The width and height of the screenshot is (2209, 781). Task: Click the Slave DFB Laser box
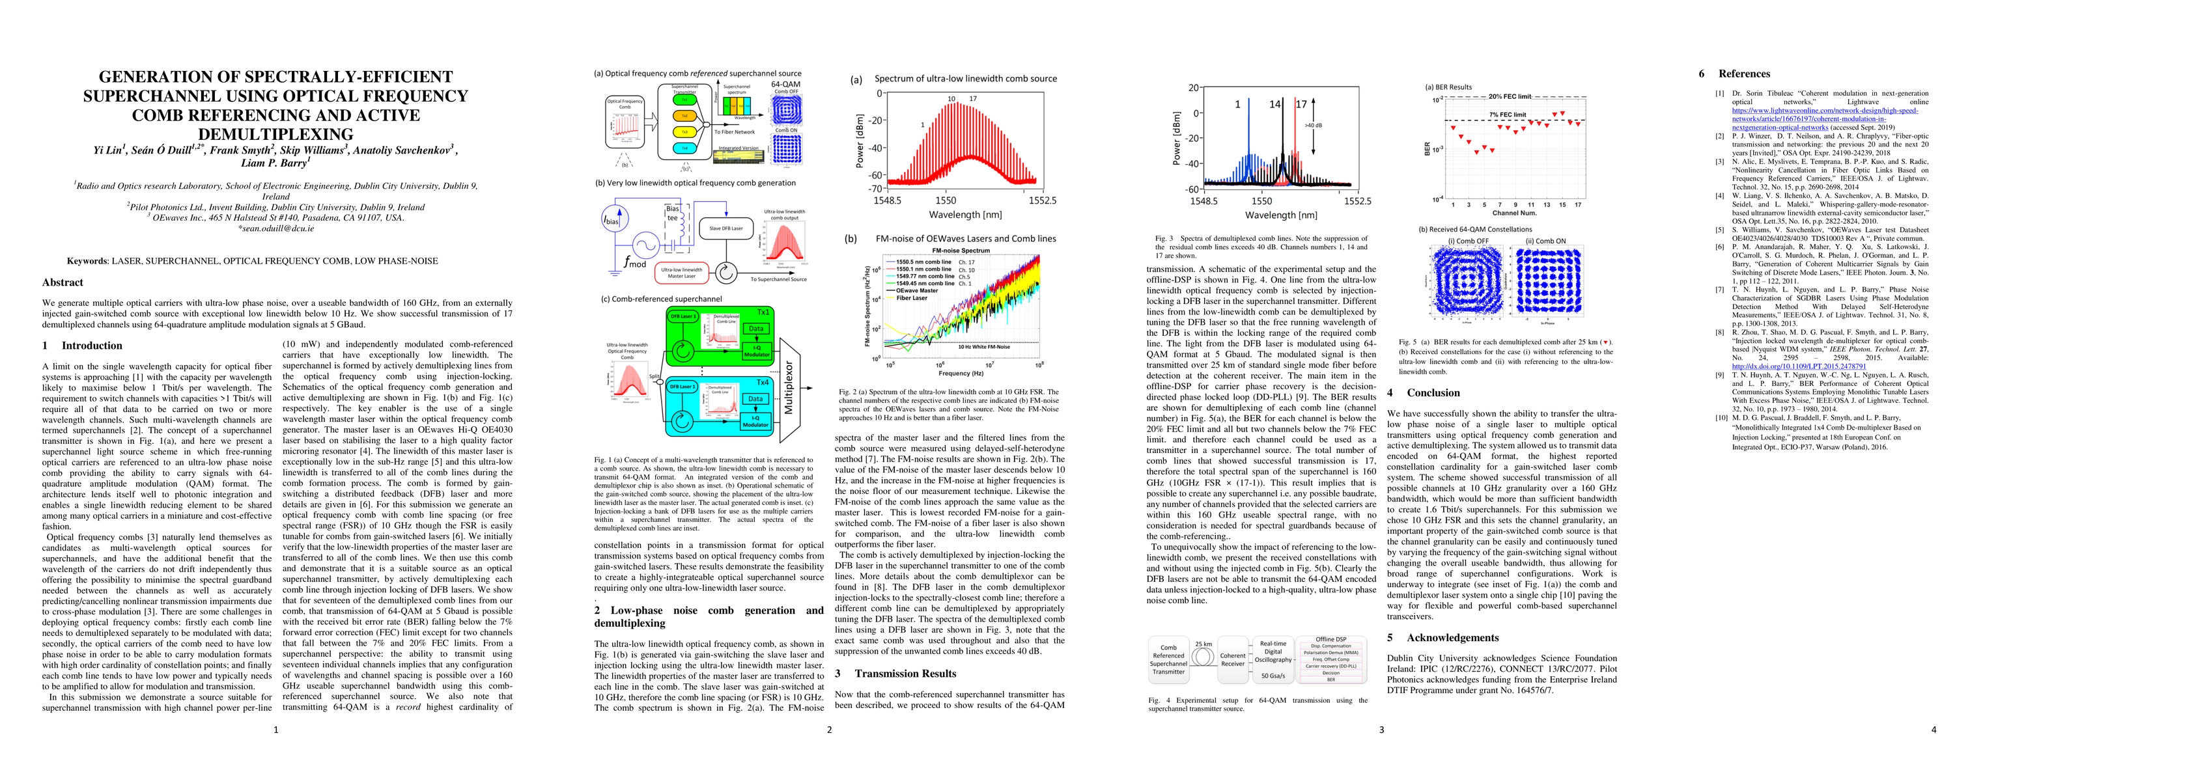pos(725,229)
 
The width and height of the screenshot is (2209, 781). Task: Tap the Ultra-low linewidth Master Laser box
pos(682,273)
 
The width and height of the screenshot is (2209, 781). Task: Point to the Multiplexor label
pos(789,387)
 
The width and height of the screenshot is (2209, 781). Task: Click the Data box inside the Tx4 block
pos(755,399)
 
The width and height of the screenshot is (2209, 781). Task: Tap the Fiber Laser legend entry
pos(912,298)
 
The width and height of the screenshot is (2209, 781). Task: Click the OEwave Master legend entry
pos(917,291)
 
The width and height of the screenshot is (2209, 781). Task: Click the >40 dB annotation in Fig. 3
pos(1314,126)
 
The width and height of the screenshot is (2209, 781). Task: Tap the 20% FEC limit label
pos(1510,97)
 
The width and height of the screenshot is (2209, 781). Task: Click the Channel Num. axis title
pos(1514,213)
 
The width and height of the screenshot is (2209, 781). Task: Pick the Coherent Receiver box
pos(1232,659)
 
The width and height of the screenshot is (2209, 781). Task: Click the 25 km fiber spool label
pos(1203,644)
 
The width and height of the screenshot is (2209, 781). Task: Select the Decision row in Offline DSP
pos(1331,673)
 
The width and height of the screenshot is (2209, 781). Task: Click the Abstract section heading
pos(63,282)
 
